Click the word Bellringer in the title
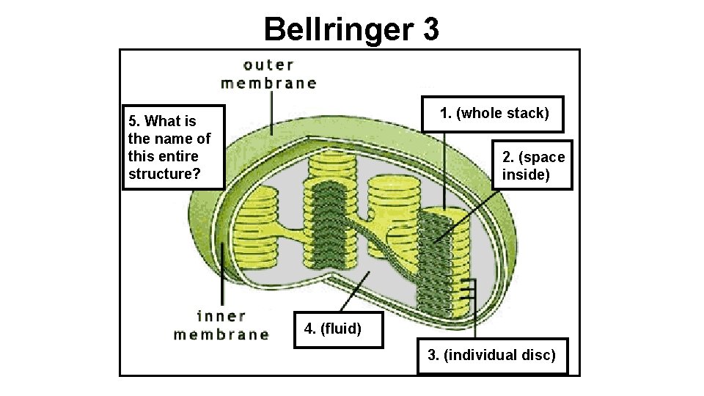click(339, 30)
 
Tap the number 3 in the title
click(430, 30)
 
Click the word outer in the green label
click(268, 65)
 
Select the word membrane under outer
click(268, 83)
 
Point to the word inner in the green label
click(221, 317)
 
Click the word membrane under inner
click(221, 334)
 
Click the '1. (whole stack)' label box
click(492, 114)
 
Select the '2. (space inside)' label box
click(532, 166)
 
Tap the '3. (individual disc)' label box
click(492, 356)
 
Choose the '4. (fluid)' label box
click(332, 328)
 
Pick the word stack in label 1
click(527, 114)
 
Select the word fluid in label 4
click(339, 328)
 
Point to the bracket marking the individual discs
click(474, 293)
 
